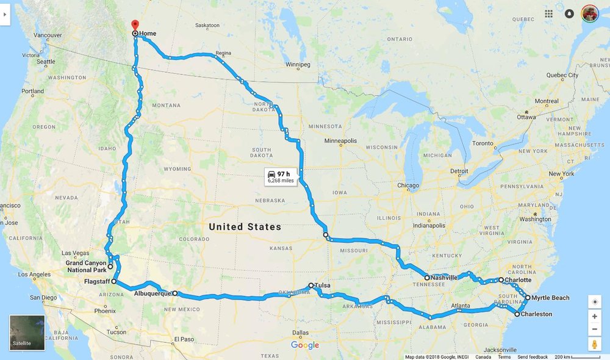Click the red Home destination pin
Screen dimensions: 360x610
pos(134,26)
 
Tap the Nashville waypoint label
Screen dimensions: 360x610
pos(443,278)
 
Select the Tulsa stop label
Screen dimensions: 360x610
pos(323,285)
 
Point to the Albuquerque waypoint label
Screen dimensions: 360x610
pos(152,293)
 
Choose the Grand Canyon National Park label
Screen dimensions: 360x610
pos(86,267)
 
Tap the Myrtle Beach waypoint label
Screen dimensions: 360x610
pos(550,298)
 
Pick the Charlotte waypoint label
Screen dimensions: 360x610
pos(518,280)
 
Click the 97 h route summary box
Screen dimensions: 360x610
pos(281,177)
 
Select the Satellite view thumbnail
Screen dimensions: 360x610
pos(27,333)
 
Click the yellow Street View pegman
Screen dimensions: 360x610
pos(595,344)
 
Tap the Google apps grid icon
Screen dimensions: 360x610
pos(549,13)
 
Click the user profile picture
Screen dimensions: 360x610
pos(590,13)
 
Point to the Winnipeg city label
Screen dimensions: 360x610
pos(298,65)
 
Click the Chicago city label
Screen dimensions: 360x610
pos(408,185)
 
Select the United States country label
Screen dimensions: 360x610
pos(245,227)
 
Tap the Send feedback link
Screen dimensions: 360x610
pos(533,357)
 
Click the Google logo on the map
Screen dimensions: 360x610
pos(305,345)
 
